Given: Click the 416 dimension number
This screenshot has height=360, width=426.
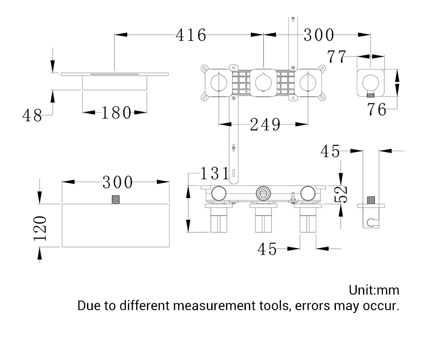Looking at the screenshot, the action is (x=191, y=35).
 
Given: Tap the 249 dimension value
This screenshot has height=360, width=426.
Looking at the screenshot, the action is (x=265, y=125).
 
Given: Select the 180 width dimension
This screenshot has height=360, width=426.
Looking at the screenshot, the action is (x=116, y=113).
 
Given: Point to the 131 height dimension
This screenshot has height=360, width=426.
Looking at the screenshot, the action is (x=215, y=173).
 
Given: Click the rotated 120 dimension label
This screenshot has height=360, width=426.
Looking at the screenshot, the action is (x=40, y=228).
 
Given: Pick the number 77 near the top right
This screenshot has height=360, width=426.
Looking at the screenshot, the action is (x=337, y=57).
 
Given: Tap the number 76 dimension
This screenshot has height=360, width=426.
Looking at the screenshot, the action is (x=377, y=110).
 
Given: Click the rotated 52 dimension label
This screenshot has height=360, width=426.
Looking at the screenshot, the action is (x=341, y=194).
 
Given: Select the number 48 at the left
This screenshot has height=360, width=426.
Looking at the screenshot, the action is (x=32, y=115).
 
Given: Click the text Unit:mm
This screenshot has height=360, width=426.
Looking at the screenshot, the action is (x=374, y=290).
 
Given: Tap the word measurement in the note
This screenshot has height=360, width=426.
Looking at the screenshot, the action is (x=214, y=305).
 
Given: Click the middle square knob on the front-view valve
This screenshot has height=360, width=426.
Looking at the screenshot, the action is (x=263, y=82).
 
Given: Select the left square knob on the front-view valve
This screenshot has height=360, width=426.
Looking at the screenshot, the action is (x=219, y=82).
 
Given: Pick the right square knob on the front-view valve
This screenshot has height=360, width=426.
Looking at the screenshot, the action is (x=308, y=82).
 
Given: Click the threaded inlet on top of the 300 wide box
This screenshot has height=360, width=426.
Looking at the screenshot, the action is (x=116, y=200).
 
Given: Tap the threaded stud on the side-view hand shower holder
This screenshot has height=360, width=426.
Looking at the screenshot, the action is (x=371, y=200).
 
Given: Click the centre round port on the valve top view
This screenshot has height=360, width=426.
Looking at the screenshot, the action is (x=263, y=193).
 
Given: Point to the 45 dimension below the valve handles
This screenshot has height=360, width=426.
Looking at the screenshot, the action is (x=267, y=249).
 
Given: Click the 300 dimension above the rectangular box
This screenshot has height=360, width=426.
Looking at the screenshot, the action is (x=117, y=182).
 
